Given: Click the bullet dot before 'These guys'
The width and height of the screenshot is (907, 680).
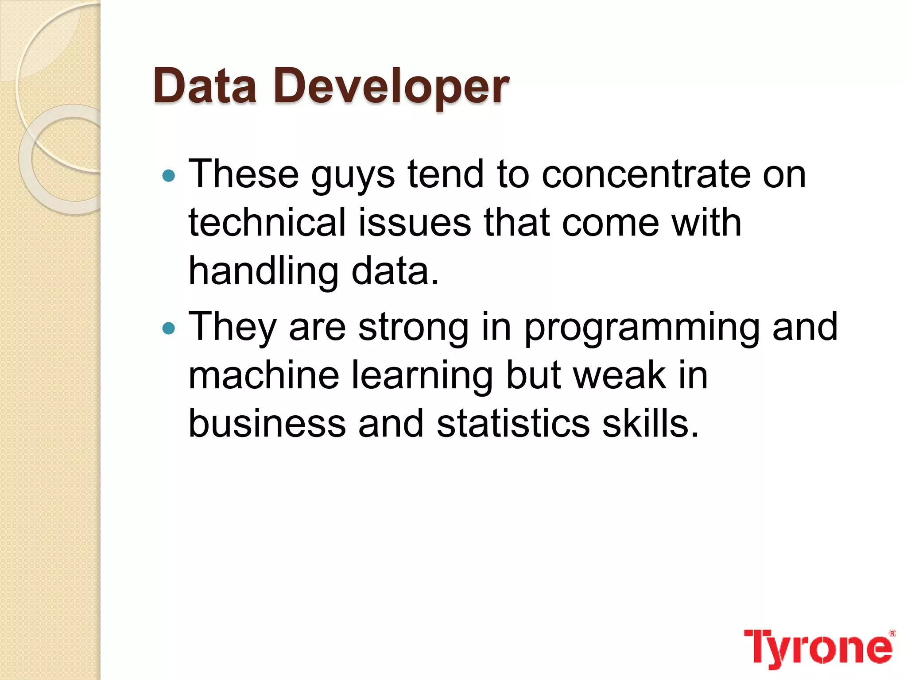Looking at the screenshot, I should [x=169, y=176].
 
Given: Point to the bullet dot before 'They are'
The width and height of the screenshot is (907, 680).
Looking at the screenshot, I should [x=169, y=328].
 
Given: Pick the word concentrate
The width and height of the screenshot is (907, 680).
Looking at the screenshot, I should [x=645, y=174].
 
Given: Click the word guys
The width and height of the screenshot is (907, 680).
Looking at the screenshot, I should [x=353, y=176].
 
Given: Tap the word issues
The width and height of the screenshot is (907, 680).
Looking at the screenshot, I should [x=415, y=223].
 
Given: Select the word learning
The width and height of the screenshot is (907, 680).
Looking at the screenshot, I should [x=422, y=376].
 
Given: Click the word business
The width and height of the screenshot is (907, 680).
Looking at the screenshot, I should [x=267, y=424].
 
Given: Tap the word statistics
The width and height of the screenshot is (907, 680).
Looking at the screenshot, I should [x=513, y=424].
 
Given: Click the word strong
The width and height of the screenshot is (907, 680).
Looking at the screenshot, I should [x=413, y=328].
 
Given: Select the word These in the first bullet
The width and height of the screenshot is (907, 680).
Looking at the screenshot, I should [x=244, y=174].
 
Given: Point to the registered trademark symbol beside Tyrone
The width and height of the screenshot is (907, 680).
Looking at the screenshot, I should [x=892, y=633].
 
